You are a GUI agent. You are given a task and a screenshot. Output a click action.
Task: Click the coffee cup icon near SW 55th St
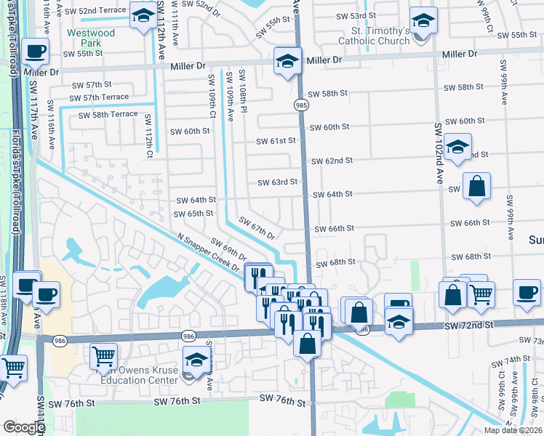tap(35, 52)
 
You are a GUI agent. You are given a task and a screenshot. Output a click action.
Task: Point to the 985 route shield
tap(301, 105)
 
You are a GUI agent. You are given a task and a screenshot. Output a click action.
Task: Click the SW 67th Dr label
tap(257, 230)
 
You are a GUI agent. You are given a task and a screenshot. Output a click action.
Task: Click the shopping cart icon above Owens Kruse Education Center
tap(104, 356)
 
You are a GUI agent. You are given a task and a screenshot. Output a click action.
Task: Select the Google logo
tap(23, 427)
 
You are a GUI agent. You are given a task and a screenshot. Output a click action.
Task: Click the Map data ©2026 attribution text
tap(513, 430)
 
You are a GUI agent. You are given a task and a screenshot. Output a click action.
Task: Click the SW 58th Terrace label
tap(108, 115)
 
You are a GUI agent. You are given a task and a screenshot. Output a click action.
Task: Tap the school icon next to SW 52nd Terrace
tap(143, 15)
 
